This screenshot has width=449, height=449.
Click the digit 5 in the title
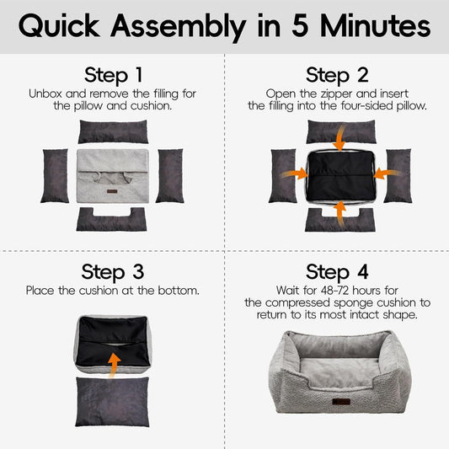coord(300,25)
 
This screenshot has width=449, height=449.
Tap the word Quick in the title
coord(59,26)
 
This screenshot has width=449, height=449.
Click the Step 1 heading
coord(113,75)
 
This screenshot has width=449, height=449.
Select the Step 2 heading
coord(337,75)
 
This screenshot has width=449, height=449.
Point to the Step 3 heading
coord(113,272)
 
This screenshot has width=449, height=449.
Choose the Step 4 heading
coord(337,272)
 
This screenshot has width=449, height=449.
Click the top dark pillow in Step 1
coord(114,131)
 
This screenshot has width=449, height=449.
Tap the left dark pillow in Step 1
coord(55,175)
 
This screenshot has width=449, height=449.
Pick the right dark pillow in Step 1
coord(170,175)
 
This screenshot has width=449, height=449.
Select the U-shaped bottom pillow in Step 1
coord(111,222)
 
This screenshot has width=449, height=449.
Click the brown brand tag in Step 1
coord(112,191)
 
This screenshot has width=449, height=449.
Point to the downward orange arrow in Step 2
coord(339,138)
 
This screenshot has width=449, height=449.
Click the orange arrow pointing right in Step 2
coord(294,174)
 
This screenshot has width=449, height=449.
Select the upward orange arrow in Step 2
coord(339,214)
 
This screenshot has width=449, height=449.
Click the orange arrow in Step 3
coord(114,366)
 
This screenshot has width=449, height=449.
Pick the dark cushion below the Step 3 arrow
coord(113,402)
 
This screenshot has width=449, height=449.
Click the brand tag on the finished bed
coord(341,402)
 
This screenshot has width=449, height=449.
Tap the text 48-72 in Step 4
coord(335,291)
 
